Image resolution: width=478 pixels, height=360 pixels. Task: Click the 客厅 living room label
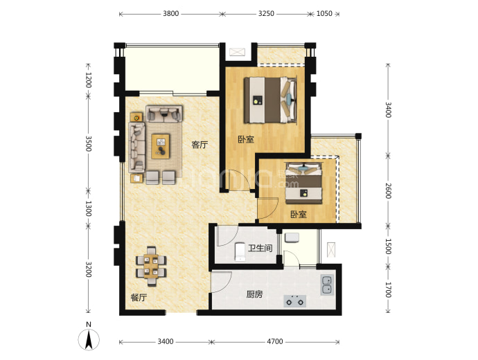coord(200,145)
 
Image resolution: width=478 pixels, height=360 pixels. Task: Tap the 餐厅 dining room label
coord(139,298)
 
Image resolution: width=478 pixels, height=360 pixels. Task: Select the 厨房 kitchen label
coord(254,294)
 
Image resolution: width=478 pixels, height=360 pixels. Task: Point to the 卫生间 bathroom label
coord(260,249)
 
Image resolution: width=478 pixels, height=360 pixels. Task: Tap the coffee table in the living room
coord(161,146)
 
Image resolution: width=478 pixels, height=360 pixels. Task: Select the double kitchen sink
coord(327,285)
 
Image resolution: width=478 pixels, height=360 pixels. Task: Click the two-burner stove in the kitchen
coord(295,301)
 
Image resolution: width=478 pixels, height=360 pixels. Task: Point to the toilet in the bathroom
coord(240,251)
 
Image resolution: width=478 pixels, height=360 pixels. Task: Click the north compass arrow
coord(89,340)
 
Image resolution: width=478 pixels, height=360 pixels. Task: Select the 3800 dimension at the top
coord(170,14)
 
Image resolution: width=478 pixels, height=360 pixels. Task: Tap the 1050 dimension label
coord(324,14)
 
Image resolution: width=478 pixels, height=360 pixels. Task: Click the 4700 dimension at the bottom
coord(275,342)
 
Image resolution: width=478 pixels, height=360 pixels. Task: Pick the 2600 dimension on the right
coord(388,190)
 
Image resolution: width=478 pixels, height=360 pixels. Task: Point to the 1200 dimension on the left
coord(88,80)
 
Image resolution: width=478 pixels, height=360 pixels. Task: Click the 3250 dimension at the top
coord(266,14)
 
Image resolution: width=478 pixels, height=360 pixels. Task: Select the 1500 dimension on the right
coord(388,246)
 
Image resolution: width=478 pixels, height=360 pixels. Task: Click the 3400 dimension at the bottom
coord(166,342)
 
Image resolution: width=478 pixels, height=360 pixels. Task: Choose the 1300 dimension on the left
coord(88,208)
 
